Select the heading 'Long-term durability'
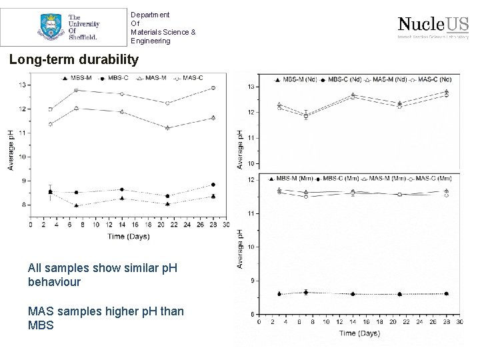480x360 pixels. [74, 60]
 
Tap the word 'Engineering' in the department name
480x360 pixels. [151, 41]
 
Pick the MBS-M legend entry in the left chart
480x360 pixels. [76, 78]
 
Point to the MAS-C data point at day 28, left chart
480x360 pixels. [213, 87]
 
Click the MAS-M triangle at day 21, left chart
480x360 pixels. [167, 127]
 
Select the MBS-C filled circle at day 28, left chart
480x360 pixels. [213, 185]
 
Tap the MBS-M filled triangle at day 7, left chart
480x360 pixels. [77, 205]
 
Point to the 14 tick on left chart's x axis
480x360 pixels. [122, 224]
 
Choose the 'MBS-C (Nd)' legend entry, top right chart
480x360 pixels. [343, 80]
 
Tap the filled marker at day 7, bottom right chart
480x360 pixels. [306, 292]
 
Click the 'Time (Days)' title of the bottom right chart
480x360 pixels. [359, 333]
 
